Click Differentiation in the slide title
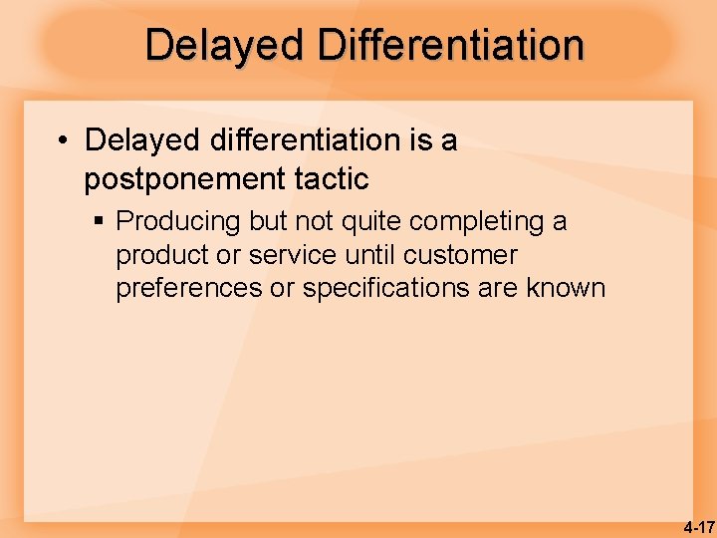[x=450, y=46]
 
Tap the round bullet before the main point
[x=63, y=141]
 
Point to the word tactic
[x=333, y=179]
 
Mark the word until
[x=372, y=255]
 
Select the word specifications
[x=383, y=289]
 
